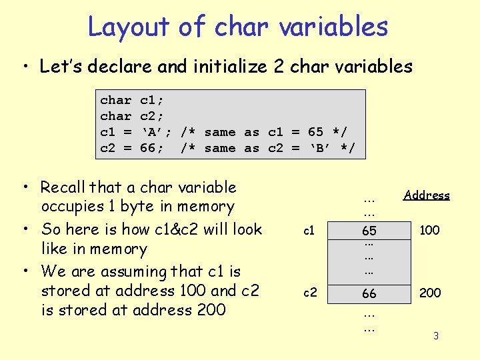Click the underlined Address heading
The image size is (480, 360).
[x=427, y=195]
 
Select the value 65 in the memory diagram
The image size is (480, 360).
[x=369, y=231]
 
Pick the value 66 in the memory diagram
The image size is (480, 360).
[x=369, y=293]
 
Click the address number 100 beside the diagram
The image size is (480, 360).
[x=429, y=230]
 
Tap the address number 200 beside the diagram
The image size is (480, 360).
[x=429, y=293]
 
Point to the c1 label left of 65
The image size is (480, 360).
[x=309, y=231]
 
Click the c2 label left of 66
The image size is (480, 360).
[x=310, y=293]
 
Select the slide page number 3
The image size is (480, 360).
[x=436, y=336]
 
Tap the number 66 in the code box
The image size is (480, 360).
[x=147, y=147]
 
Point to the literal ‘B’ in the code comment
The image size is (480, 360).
[x=323, y=147]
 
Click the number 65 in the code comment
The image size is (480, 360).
[x=315, y=132]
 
